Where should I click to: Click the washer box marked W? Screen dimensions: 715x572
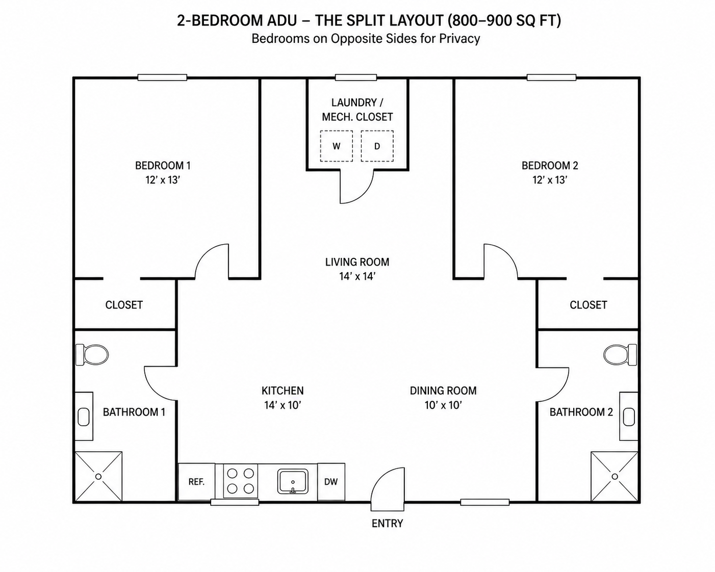336,146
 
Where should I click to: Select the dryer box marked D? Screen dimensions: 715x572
377,146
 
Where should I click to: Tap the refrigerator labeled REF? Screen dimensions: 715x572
196,482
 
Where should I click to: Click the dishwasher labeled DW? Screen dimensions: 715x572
331,482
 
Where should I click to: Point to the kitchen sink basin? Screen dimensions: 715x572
293,481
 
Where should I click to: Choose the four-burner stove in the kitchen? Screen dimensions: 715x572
241,481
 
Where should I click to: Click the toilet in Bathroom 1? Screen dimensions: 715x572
92,355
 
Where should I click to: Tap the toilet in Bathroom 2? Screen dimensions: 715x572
620,355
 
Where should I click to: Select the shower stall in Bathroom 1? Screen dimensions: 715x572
98,476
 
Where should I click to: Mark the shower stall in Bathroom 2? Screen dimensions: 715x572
615,476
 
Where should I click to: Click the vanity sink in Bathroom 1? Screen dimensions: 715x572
84,417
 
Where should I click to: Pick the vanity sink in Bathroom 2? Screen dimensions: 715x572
629,417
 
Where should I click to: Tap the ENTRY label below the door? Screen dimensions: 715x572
387,524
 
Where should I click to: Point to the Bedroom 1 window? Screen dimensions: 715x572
163,77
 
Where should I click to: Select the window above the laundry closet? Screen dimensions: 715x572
356,77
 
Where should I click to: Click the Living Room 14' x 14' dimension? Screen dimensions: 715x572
357,276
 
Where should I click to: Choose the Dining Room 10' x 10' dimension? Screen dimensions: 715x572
443,405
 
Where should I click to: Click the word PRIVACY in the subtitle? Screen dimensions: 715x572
459,39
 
